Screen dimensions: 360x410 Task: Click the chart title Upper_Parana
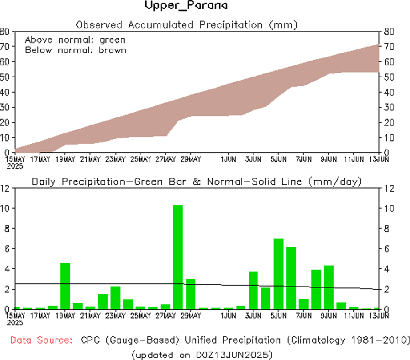[186, 6]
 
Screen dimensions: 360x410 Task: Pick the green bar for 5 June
[278, 274]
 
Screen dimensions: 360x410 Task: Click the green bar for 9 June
[329, 287]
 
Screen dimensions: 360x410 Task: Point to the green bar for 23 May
[115, 297]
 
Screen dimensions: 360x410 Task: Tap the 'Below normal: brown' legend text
[75, 50]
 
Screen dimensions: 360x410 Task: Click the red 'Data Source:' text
[41, 340]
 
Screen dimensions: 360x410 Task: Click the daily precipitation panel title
[196, 182]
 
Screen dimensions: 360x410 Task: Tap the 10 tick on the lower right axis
[386, 208]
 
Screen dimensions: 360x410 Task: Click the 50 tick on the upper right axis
[386, 77]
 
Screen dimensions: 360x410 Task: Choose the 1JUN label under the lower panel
[228, 316]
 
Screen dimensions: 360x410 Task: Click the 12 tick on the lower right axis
[386, 188]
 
